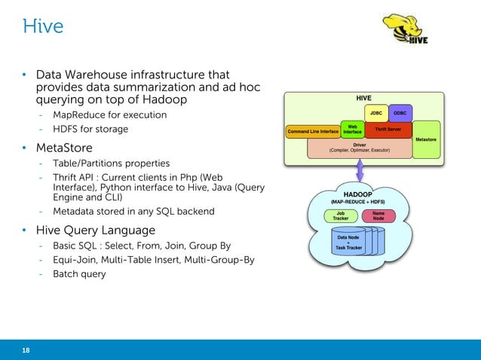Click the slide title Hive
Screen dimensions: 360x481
42,28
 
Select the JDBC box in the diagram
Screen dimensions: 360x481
375,113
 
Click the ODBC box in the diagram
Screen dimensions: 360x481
400,113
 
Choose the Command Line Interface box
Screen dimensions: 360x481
313,132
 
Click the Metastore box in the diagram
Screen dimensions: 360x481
425,139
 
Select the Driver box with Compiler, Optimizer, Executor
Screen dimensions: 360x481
360,148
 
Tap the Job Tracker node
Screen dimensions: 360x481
341,215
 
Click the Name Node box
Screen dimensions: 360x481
378,215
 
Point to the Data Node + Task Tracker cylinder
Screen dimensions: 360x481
348,246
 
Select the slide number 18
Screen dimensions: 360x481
26,349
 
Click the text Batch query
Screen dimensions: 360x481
79,274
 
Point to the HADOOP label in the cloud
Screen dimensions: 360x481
360,194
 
